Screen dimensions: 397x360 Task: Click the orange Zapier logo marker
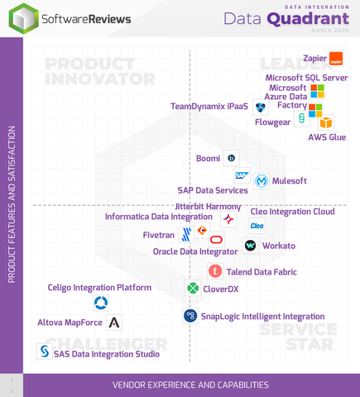(x=336, y=59)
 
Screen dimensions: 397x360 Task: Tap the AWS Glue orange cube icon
(x=326, y=122)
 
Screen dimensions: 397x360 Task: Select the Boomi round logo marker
(x=232, y=157)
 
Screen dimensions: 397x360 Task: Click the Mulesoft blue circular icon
(x=262, y=180)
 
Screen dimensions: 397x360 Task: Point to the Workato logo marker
(x=250, y=246)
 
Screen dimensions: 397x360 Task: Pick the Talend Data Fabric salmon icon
(x=215, y=270)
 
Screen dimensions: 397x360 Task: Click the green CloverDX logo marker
(x=193, y=289)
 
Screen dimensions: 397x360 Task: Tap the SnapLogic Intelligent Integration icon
(x=190, y=315)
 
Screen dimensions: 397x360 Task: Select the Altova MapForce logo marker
(x=114, y=322)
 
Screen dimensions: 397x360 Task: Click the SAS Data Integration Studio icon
(x=45, y=352)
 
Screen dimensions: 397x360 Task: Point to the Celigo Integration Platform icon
(x=101, y=304)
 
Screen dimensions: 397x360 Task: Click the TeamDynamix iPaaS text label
(x=209, y=107)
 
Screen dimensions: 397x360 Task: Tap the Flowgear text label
(x=272, y=122)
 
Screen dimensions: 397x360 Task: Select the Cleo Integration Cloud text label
(x=292, y=212)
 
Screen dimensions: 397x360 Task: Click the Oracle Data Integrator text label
(x=195, y=251)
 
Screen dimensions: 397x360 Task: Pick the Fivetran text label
(x=159, y=235)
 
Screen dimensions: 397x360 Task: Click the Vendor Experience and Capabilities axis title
(x=191, y=385)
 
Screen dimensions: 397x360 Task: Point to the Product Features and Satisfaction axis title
(x=12, y=204)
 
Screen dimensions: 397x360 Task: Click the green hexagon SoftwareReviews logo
(x=23, y=18)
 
